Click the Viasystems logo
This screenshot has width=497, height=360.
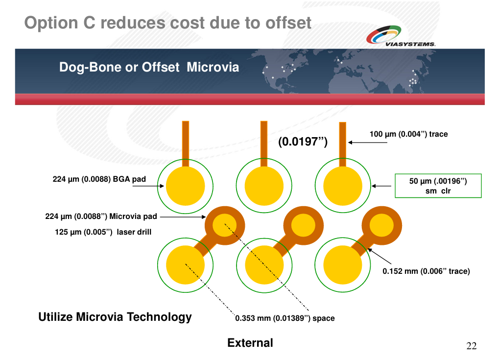[x=401, y=36]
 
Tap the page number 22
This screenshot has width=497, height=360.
[x=472, y=346]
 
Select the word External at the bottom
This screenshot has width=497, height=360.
[x=250, y=343]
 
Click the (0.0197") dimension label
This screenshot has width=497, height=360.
[x=303, y=142]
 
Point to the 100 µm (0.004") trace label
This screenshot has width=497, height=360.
[x=408, y=134]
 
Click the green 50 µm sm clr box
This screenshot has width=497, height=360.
[x=438, y=186]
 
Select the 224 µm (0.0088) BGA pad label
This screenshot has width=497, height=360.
[x=99, y=179]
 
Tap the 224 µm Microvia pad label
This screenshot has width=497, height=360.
[x=101, y=216]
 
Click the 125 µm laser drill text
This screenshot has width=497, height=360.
[x=103, y=232]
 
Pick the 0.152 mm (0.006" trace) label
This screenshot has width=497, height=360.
[x=426, y=271]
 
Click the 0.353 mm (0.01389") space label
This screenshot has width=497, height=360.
[x=284, y=318]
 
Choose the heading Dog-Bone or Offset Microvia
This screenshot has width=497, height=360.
[x=149, y=67]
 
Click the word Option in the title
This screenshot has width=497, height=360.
[x=51, y=23]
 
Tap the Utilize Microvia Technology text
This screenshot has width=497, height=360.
[x=115, y=317]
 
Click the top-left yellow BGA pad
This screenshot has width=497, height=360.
[x=186, y=186]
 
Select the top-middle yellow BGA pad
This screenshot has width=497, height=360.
[x=264, y=186]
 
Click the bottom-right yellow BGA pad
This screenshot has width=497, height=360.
[x=343, y=265]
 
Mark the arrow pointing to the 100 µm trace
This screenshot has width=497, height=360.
[x=368, y=143]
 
